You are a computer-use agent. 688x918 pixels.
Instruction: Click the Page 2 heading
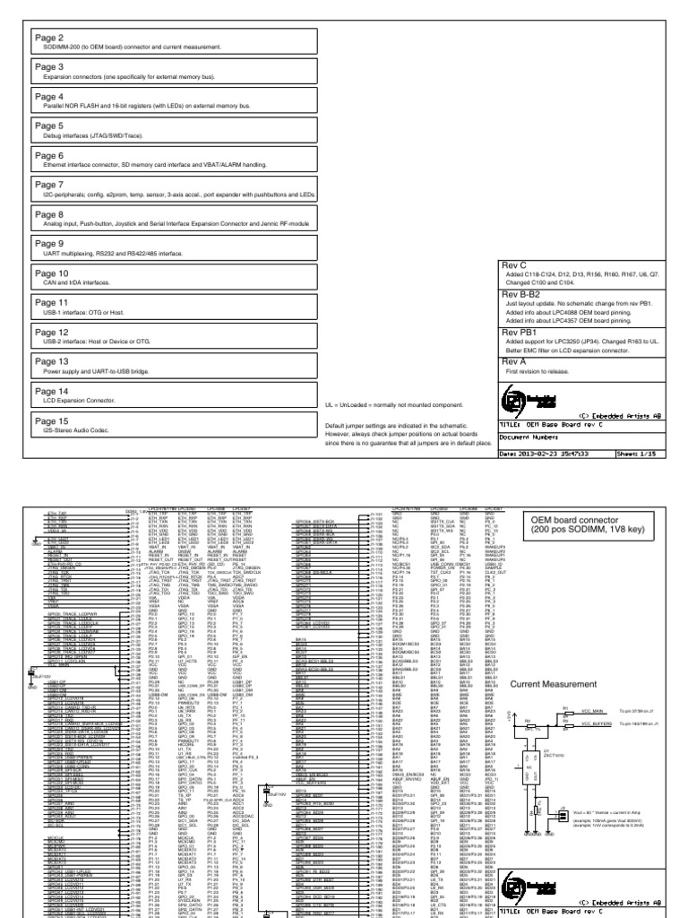pyautogui.click(x=49, y=39)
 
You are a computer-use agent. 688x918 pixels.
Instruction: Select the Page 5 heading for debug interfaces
pyautogui.click(x=49, y=126)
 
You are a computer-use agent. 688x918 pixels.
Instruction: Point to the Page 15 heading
pyautogui.click(x=52, y=420)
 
